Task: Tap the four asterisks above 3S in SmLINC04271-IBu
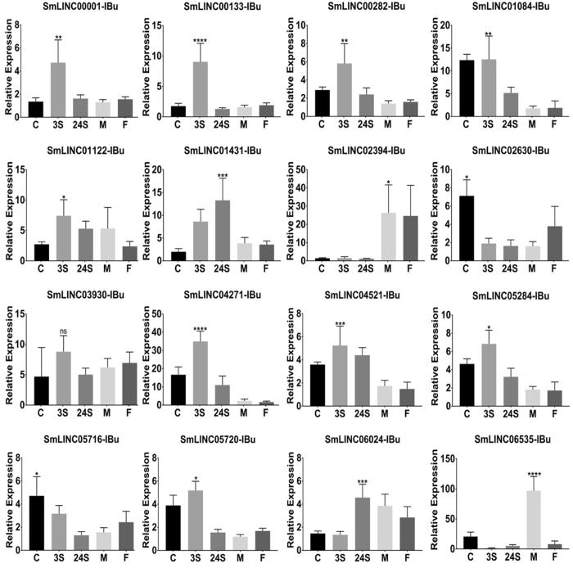200,308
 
